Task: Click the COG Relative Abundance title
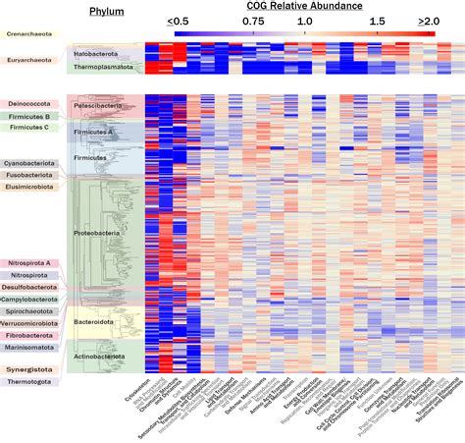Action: click(304, 7)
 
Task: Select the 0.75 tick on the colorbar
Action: click(253, 21)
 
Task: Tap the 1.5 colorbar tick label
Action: click(377, 21)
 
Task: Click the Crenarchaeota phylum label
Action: click(32, 34)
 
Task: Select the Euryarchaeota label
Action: click(30, 60)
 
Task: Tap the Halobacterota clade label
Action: click(99, 53)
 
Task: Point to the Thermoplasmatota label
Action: click(103, 68)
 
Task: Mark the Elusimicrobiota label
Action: click(34, 186)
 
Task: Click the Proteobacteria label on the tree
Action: click(99, 233)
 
